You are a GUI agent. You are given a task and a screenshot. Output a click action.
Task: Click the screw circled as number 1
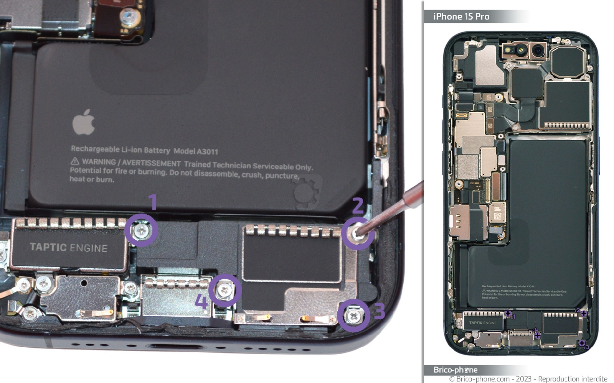click(141, 230)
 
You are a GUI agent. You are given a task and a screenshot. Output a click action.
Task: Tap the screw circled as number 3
click(353, 316)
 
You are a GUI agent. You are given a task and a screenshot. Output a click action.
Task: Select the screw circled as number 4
click(225, 290)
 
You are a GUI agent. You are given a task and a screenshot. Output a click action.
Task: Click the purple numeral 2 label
click(358, 206)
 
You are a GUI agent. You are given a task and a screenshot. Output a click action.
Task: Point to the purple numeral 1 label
click(153, 202)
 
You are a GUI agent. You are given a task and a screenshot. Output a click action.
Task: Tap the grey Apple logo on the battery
click(84, 122)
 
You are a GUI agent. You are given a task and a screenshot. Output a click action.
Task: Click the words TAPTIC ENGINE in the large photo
click(69, 248)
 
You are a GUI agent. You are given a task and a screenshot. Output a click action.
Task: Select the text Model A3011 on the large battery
click(196, 151)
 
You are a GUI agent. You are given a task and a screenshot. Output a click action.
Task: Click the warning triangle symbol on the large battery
click(75, 161)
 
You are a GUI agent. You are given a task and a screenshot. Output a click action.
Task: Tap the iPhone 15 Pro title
click(461, 16)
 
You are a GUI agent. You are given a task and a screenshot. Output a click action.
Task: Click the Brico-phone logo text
click(456, 370)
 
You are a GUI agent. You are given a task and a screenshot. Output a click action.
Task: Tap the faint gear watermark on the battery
click(307, 192)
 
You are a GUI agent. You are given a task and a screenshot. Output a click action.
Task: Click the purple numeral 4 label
click(201, 301)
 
